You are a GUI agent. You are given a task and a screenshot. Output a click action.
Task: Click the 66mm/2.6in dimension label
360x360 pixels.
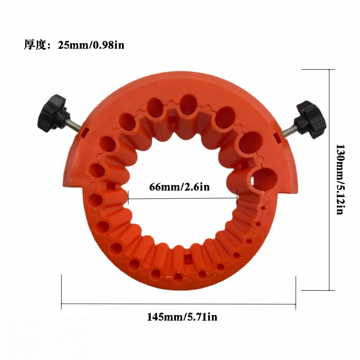[180, 187]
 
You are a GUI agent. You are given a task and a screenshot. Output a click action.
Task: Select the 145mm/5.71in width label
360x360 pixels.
[182, 317]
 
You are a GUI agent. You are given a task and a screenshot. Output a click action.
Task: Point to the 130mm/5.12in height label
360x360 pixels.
[340, 179]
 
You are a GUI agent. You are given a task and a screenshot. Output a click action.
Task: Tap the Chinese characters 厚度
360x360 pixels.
[36, 45]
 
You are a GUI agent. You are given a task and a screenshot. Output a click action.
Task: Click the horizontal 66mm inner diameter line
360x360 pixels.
[183, 198]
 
